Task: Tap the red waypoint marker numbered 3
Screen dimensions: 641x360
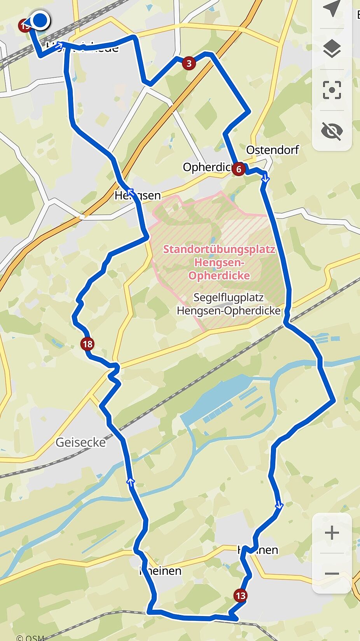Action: click(189, 63)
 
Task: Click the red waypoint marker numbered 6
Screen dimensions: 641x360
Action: click(238, 169)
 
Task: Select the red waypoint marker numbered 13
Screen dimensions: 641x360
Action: click(240, 595)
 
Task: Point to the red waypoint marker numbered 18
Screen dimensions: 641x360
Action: click(87, 344)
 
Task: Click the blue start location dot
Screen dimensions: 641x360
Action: click(40, 20)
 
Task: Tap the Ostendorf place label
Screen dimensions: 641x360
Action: click(272, 150)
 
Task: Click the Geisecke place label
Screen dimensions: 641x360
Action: click(80, 442)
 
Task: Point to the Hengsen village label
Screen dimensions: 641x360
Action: click(138, 195)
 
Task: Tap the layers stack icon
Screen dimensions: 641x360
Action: click(332, 49)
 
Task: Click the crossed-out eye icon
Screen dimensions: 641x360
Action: click(332, 131)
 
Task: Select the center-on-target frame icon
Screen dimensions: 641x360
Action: click(332, 90)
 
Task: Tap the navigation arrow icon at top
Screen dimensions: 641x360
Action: click(332, 9)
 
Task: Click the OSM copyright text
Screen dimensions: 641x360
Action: click(30, 638)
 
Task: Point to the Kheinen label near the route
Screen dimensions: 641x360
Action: click(161, 571)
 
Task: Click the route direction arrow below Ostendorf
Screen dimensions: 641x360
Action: click(266, 178)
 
